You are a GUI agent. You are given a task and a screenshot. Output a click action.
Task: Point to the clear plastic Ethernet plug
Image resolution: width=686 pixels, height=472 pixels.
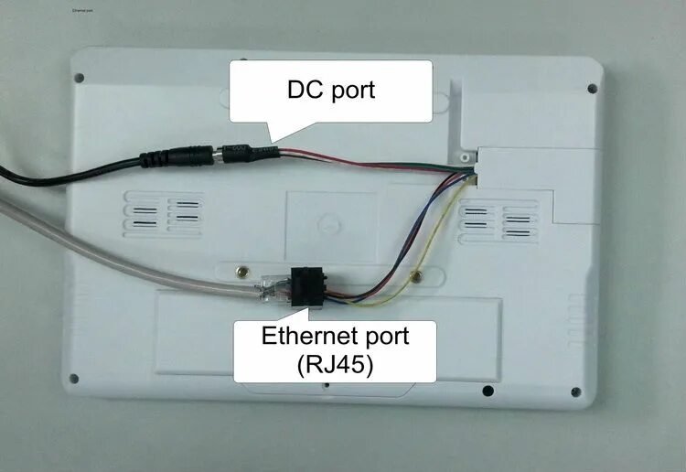tap(269, 288)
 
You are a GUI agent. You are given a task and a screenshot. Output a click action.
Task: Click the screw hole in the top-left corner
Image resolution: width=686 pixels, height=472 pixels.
tap(79, 77)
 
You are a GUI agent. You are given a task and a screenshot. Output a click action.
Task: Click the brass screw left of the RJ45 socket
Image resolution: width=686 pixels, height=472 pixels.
tap(241, 272)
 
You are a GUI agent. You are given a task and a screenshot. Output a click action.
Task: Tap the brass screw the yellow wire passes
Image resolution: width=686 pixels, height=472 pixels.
tap(416, 274)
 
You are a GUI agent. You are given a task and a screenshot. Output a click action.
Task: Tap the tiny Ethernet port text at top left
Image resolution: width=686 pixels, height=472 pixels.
tap(84, 12)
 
